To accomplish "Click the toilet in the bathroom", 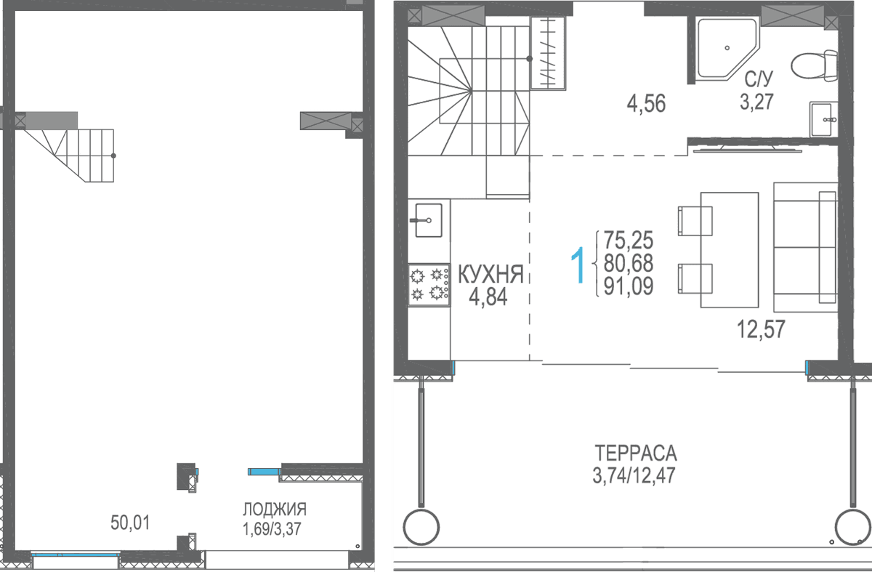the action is (x=815, y=66).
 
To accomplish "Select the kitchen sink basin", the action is (x=429, y=220).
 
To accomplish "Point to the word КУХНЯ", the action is (x=490, y=274).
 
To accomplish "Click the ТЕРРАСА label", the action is (x=636, y=454).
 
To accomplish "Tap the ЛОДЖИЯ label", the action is (x=275, y=509).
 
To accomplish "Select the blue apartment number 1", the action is (x=578, y=265).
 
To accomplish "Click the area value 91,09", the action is (x=629, y=286).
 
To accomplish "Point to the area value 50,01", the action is (x=130, y=523).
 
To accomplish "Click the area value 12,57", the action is (x=761, y=329).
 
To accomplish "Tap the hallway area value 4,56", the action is (x=646, y=104).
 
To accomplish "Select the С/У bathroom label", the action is (x=759, y=79).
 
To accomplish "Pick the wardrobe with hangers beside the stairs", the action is (x=548, y=53).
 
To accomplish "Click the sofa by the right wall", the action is (x=805, y=247).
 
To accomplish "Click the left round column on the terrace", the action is (x=421, y=527).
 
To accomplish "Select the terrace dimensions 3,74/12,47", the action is (x=634, y=475).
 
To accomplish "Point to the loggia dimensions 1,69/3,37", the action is (x=272, y=529).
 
